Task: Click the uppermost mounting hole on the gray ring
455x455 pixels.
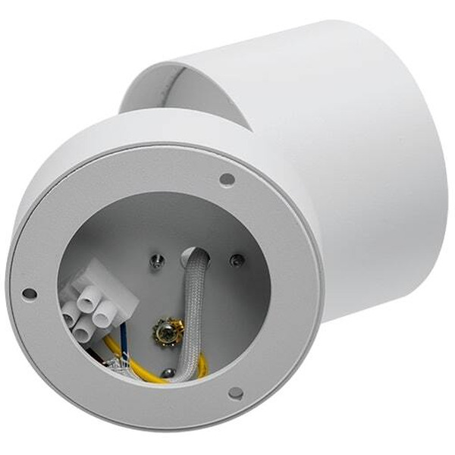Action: [x=227, y=180]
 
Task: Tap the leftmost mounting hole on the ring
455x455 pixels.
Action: [x=29, y=293]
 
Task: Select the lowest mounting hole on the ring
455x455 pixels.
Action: [x=236, y=393]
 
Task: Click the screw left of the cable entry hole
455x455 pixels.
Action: [x=157, y=262]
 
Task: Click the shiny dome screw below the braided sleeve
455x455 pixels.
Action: [x=168, y=372]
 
